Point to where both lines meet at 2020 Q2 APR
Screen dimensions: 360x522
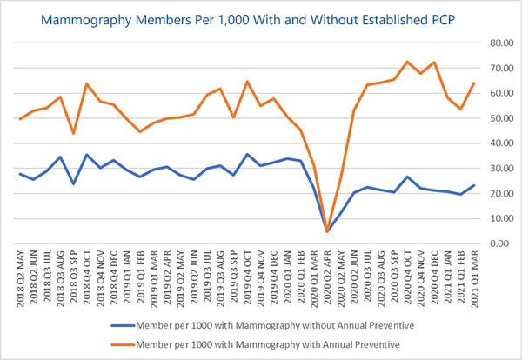327,231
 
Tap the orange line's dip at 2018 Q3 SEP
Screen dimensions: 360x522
73,133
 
